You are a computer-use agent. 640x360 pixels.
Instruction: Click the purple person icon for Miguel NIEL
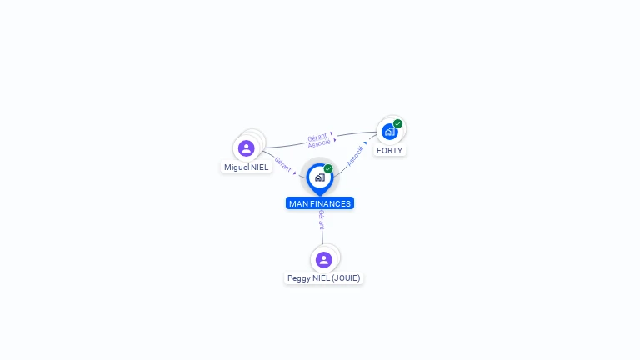point(246,148)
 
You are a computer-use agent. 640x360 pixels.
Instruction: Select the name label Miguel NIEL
point(246,167)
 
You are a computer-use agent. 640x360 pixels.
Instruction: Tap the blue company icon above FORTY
point(389,132)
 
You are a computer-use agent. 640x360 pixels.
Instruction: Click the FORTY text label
point(389,151)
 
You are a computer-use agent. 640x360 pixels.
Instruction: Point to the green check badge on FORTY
point(398,123)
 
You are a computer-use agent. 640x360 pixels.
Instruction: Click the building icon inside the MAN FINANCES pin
point(320,177)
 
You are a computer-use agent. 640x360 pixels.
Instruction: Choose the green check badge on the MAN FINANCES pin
point(328,168)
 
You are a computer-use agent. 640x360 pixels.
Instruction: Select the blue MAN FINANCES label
point(320,203)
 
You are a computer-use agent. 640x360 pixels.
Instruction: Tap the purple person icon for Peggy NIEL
point(323,260)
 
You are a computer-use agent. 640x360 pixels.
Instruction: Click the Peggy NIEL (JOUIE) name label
point(323,278)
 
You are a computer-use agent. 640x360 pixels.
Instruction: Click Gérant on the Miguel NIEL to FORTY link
point(317,137)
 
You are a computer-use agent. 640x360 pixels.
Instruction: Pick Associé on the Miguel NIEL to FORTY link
point(319,143)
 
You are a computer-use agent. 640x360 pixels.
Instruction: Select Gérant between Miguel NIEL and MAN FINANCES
point(282,164)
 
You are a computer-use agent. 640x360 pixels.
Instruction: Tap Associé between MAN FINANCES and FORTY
point(355,156)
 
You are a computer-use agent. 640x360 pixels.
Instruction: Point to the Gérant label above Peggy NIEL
point(322,220)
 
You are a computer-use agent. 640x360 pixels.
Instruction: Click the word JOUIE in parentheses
point(345,278)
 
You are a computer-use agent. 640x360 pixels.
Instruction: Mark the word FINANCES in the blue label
point(331,203)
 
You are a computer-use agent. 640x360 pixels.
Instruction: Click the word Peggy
point(299,278)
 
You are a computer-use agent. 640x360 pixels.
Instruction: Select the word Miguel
point(237,167)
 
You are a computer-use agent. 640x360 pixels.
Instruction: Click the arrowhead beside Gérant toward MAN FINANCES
point(295,173)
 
